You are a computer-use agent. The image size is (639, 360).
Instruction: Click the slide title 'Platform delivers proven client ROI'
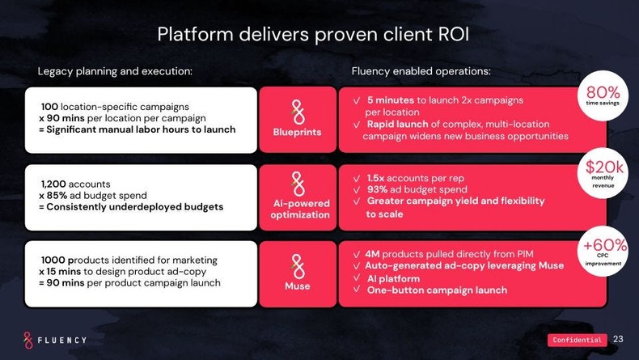coord(313,35)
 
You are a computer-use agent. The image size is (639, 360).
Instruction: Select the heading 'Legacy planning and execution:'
coord(115,71)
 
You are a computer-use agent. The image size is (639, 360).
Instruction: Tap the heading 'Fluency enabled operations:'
coord(421,71)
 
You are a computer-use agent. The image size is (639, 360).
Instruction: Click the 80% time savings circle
coord(603,95)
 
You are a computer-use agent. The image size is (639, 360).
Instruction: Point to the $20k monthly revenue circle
coord(603,172)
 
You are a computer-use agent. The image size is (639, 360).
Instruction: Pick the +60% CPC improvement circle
coord(604,250)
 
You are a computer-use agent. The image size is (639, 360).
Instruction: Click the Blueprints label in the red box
coord(297,132)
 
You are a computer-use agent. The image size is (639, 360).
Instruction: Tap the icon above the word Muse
coord(298,265)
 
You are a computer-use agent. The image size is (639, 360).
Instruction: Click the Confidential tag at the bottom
coord(577,340)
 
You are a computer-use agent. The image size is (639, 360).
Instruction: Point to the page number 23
coord(619,339)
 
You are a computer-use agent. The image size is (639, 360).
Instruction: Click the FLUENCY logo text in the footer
coord(62,340)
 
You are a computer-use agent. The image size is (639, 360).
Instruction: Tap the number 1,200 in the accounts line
coord(53,184)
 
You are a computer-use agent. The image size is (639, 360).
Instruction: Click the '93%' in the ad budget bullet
coord(378,189)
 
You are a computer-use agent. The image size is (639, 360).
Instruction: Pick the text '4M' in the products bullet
coord(372,253)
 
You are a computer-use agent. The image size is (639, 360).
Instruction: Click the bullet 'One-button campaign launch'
coord(437,290)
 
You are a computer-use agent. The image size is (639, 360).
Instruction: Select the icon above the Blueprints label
coord(298,111)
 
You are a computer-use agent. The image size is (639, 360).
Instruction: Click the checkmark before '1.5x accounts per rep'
coord(357,178)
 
